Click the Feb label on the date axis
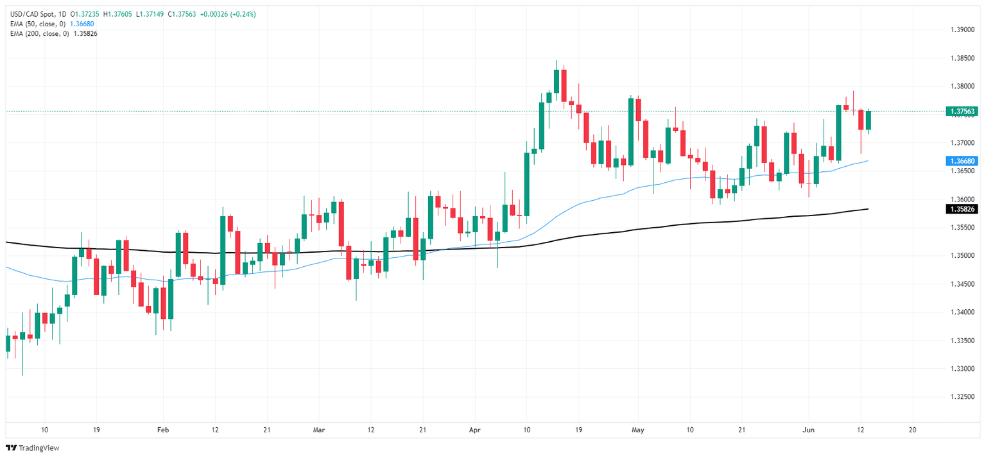(163, 429)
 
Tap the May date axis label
(637, 429)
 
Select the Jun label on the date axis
(808, 429)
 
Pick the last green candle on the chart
(869, 120)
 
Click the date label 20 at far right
(912, 429)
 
